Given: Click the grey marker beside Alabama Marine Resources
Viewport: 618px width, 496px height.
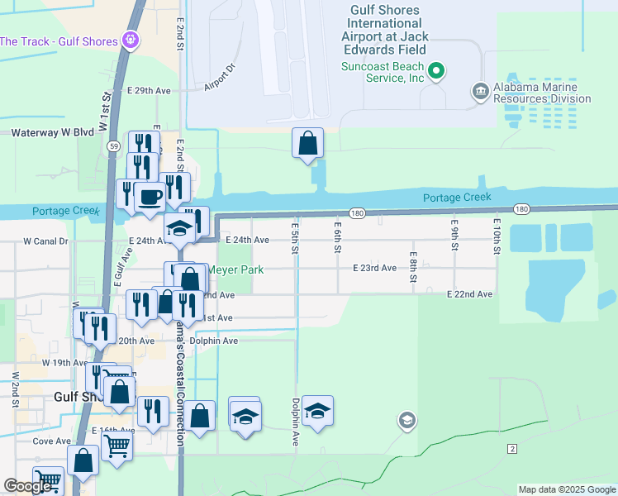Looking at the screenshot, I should (479, 90).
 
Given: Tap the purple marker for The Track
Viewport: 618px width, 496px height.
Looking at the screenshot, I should (130, 39).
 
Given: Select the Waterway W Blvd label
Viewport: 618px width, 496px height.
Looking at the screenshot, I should (52, 132).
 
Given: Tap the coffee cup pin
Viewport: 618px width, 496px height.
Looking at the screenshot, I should (150, 197).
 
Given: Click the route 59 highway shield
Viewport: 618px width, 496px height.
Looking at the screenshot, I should (112, 145).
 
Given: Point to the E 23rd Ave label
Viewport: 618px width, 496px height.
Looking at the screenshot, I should (374, 268).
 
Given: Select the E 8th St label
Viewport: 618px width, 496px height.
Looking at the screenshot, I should (413, 266).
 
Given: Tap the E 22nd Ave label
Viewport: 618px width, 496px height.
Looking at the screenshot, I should (469, 294).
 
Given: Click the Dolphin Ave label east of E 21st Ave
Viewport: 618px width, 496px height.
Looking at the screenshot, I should (213, 341).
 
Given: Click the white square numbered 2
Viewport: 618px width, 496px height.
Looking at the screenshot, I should (512, 448).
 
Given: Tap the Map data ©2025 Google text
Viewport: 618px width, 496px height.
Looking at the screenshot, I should (566, 489).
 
